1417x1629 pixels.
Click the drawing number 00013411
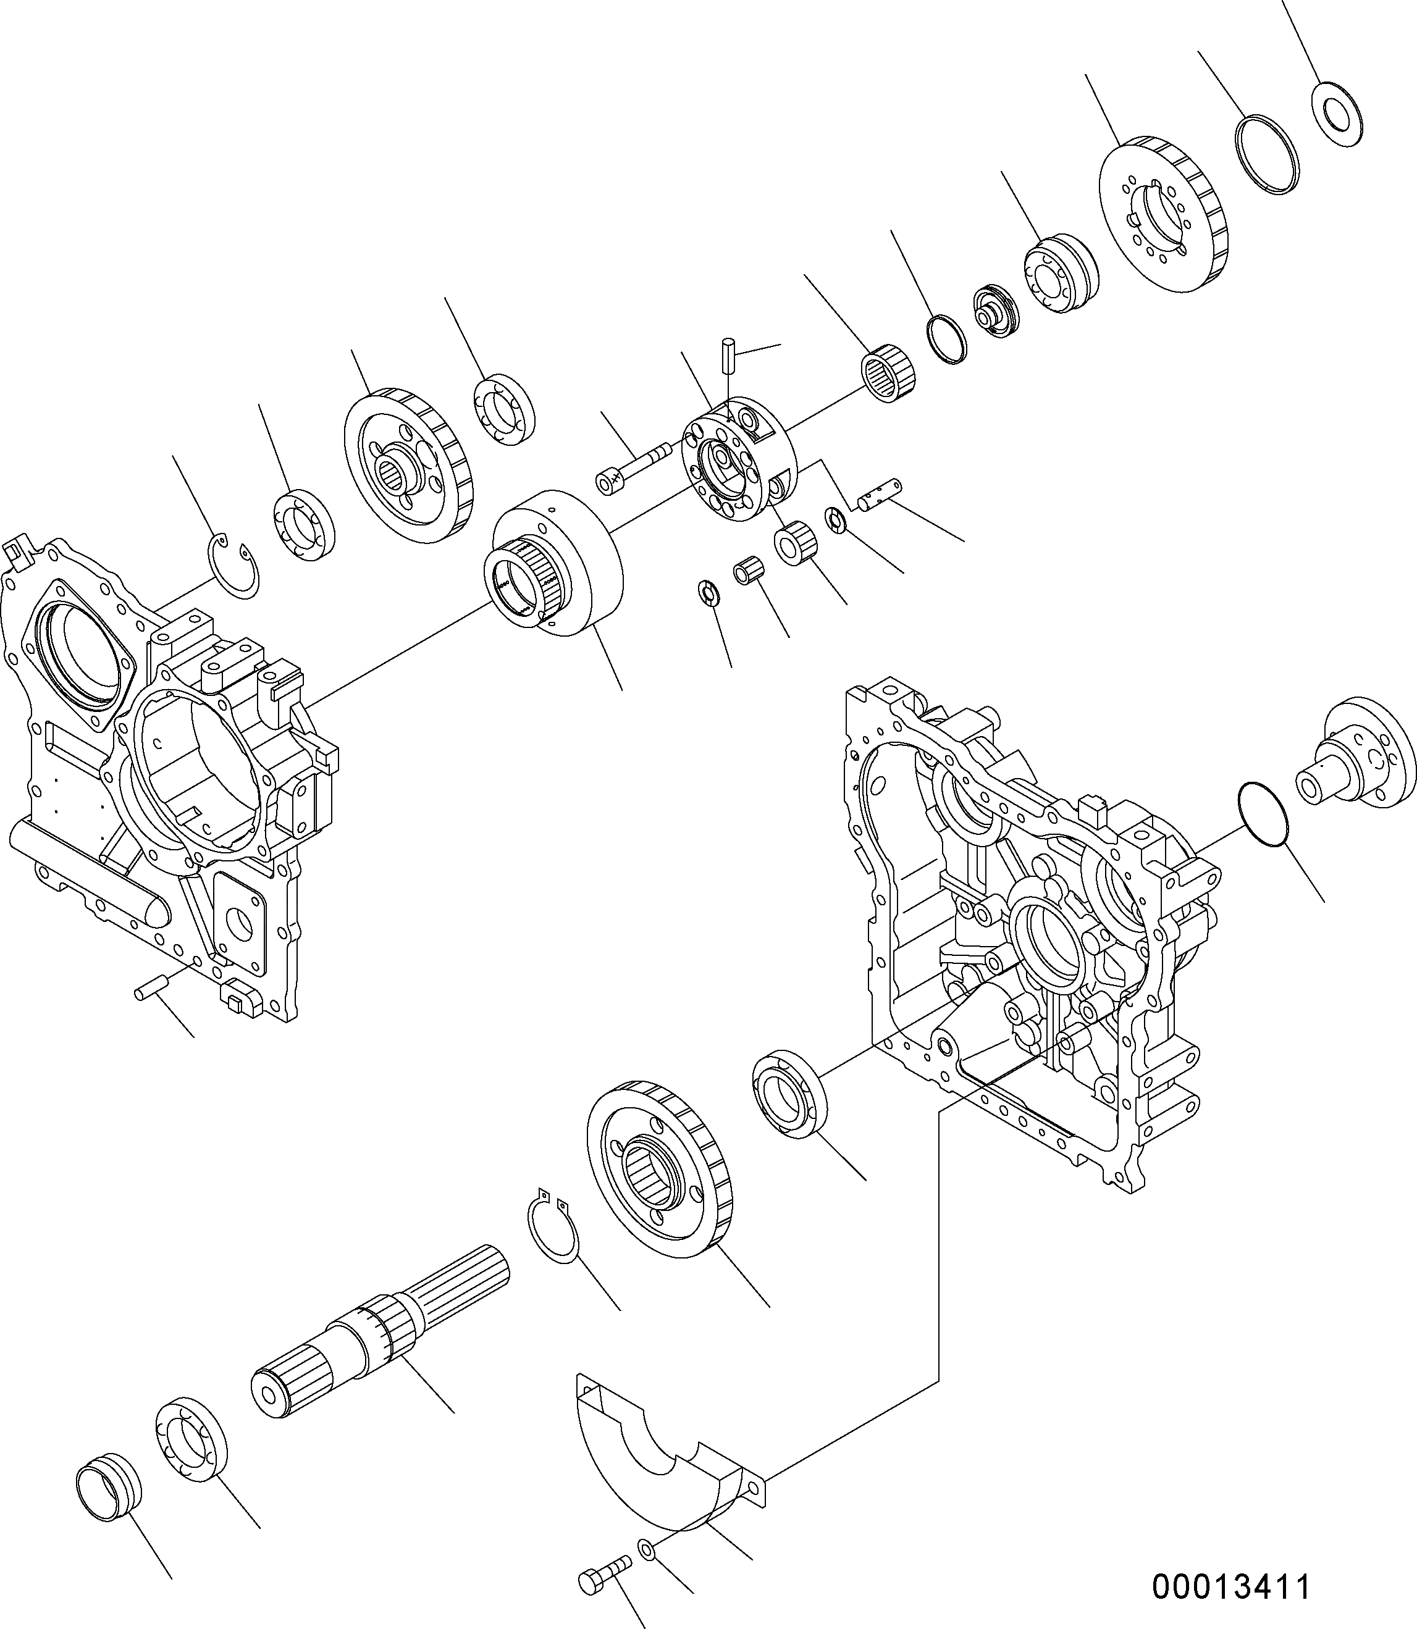point(1230,1586)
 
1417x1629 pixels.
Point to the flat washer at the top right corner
point(1336,114)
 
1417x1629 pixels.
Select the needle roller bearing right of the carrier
point(887,375)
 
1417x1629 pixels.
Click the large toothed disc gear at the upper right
point(1163,215)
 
